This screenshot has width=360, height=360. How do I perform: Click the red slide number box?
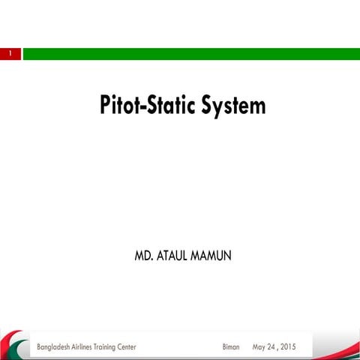[10, 54]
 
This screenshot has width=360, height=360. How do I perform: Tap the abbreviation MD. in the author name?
[142, 256]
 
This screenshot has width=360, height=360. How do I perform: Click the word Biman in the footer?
[231, 347]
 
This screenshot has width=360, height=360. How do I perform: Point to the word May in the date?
[260, 347]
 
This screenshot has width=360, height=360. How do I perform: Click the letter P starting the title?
[106, 106]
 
